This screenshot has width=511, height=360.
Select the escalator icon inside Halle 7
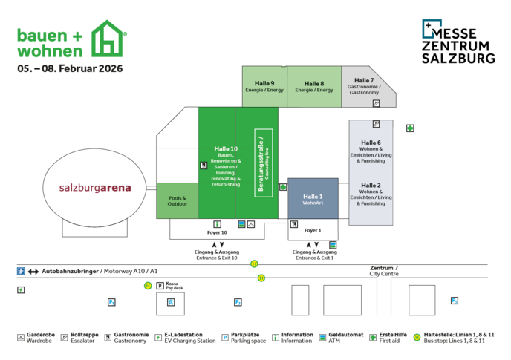[x=376, y=103]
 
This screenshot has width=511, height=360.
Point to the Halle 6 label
[x=371, y=143]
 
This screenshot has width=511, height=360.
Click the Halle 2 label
[x=371, y=185]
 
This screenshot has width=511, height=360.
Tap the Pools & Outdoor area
[x=177, y=201]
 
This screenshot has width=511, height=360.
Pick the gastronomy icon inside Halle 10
[x=203, y=166]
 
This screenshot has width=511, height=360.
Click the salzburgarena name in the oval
[x=95, y=188]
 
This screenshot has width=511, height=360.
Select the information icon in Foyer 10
[x=217, y=223]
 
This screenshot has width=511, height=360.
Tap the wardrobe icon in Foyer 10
[x=252, y=223]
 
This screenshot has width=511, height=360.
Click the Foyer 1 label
[x=313, y=230]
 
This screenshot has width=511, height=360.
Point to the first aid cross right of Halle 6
[x=410, y=128]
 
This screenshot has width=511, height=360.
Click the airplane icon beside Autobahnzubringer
[x=21, y=271]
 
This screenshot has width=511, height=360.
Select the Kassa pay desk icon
[x=160, y=286]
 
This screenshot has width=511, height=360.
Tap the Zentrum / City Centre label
[x=383, y=270]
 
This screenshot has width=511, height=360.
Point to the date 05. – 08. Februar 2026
[x=70, y=68]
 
